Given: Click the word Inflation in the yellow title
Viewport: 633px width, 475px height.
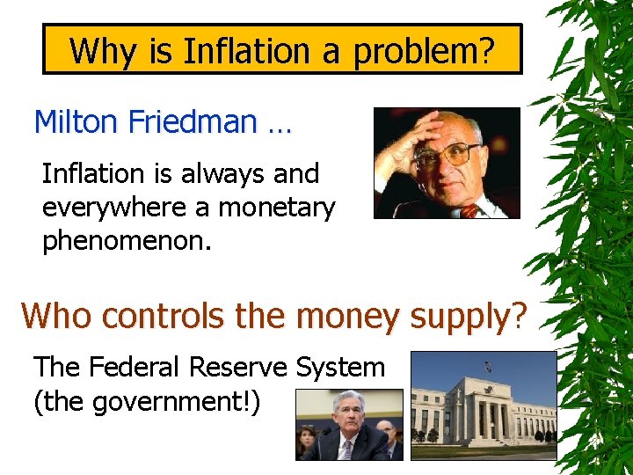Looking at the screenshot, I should tap(236, 51).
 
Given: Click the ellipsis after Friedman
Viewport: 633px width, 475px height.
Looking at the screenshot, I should tap(279, 123).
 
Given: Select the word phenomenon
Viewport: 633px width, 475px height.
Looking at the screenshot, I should tap(127, 241).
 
